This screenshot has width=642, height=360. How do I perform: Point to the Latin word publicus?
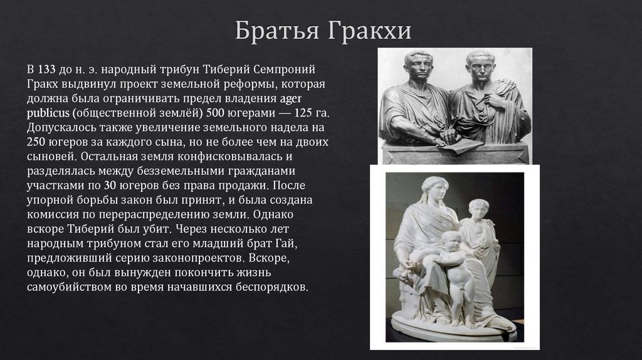[48, 114]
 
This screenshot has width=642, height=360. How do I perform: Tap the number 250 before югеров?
[37, 142]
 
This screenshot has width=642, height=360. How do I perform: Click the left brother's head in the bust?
[417, 66]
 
